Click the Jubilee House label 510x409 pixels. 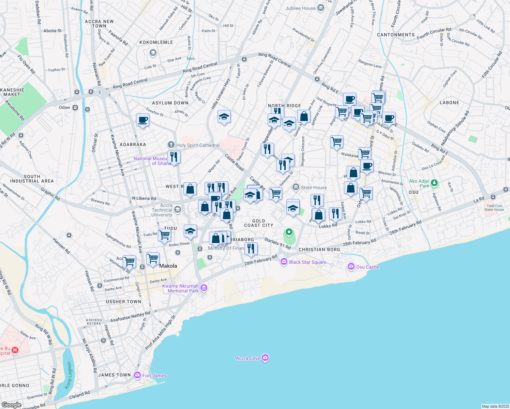pos(300,8)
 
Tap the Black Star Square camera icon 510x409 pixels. pos(284,262)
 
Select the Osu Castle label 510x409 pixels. pos(367,267)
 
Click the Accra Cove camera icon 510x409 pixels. pos(266,358)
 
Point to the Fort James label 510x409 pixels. pos(154,376)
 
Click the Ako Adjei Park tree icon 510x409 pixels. pos(434,183)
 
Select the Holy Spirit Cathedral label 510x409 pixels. pos(198,145)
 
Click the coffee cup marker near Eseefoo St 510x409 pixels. pos(142,120)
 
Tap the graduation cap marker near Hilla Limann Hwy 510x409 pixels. pos(224,117)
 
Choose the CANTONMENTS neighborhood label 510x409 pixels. pos(396,35)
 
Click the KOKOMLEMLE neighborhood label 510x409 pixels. pos(156,42)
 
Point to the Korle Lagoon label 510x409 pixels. pos(69,375)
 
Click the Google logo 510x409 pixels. pos(11,405)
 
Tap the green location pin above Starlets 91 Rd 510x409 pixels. pos(289,232)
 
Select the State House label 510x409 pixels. pos(314,187)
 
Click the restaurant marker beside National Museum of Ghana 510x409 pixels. pos(174,157)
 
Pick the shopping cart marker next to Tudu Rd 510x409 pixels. pos(164,235)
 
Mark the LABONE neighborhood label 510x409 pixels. pos(449,103)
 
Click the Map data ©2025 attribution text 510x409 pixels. pos(495,406)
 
